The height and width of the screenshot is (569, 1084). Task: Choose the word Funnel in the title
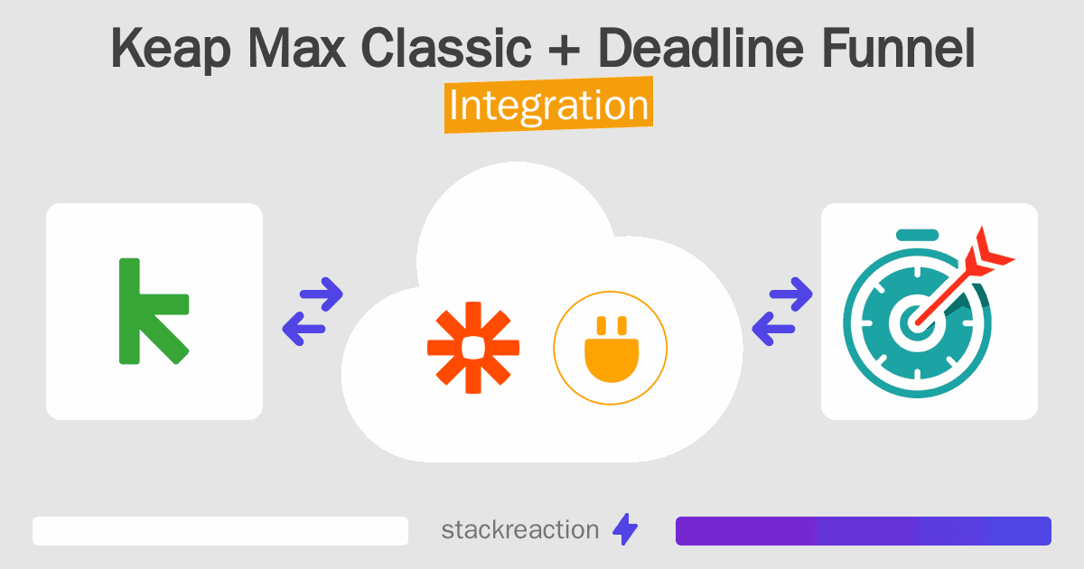898,49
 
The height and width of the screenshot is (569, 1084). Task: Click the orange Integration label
548,107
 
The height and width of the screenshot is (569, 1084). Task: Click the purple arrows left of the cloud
313,312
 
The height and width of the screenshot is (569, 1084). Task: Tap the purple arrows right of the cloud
782,312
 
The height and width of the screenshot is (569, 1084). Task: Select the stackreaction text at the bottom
519,530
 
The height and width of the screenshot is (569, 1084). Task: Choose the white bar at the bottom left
220,531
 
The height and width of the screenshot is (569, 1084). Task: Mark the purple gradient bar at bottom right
863,531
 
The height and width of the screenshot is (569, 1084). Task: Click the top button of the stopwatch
916,237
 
